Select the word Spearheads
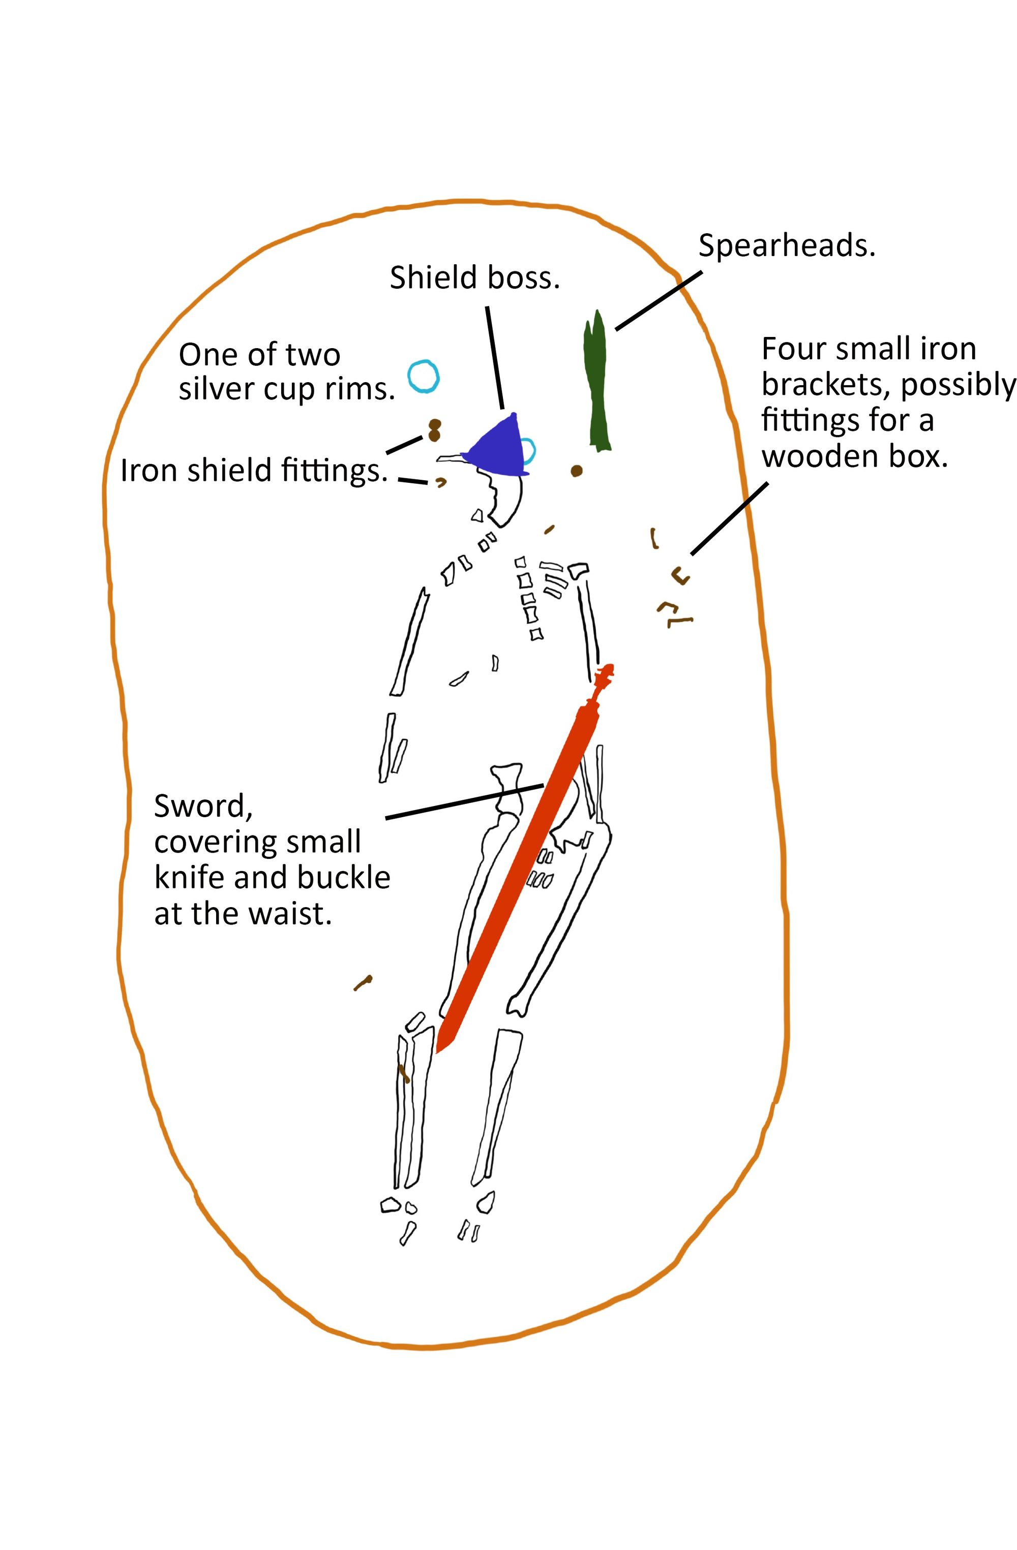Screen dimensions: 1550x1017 pyautogui.click(x=786, y=246)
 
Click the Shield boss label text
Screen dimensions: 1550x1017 pyautogui.click(x=474, y=278)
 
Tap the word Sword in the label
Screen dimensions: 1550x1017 pyautogui.click(x=202, y=807)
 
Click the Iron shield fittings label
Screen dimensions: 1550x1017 pyautogui.click(x=253, y=470)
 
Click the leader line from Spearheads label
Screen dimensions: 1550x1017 pyautogui.click(x=658, y=300)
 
